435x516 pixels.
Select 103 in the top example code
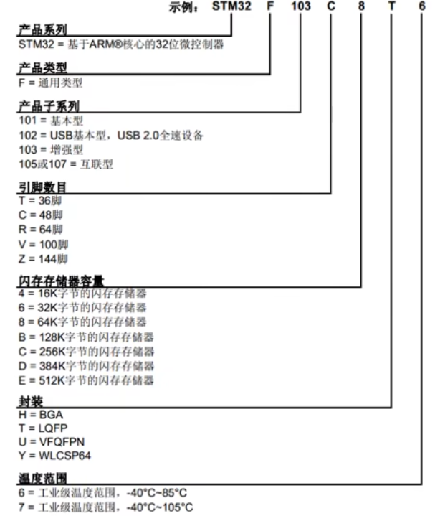pyautogui.click(x=300, y=8)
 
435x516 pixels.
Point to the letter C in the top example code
pyautogui.click(x=330, y=8)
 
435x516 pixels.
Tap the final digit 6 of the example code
pyautogui.click(x=422, y=8)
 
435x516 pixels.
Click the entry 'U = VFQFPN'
pyautogui.click(x=51, y=442)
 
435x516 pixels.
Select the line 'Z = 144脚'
pyautogui.click(x=44, y=258)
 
